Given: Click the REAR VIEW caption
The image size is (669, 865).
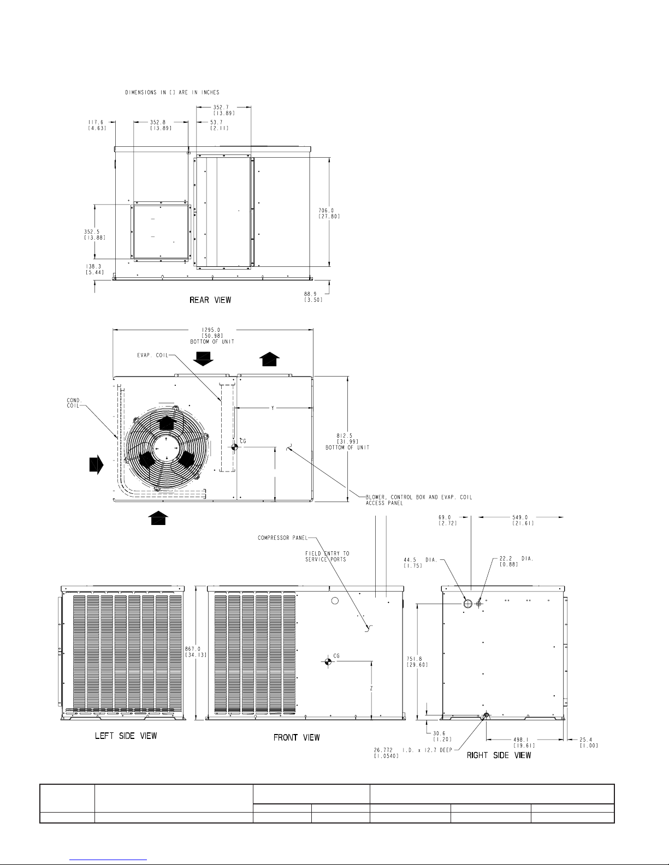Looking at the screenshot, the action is pos(210,300).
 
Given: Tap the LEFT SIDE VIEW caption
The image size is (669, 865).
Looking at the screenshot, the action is pos(126,736).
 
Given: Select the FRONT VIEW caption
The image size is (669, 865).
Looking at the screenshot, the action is pos(297,737).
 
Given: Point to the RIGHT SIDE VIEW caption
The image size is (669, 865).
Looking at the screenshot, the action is pos(499,755).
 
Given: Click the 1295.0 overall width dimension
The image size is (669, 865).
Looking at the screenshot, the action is pos(211,330).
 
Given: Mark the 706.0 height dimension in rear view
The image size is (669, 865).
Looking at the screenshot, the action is pos(326,210).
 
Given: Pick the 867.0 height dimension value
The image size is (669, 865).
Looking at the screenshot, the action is pos(193,649).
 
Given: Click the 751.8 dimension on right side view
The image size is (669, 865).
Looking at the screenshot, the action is pos(415,659).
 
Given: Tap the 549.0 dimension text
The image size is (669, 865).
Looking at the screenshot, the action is pos(520,517).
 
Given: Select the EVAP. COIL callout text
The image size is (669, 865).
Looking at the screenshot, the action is pos(153,355).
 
